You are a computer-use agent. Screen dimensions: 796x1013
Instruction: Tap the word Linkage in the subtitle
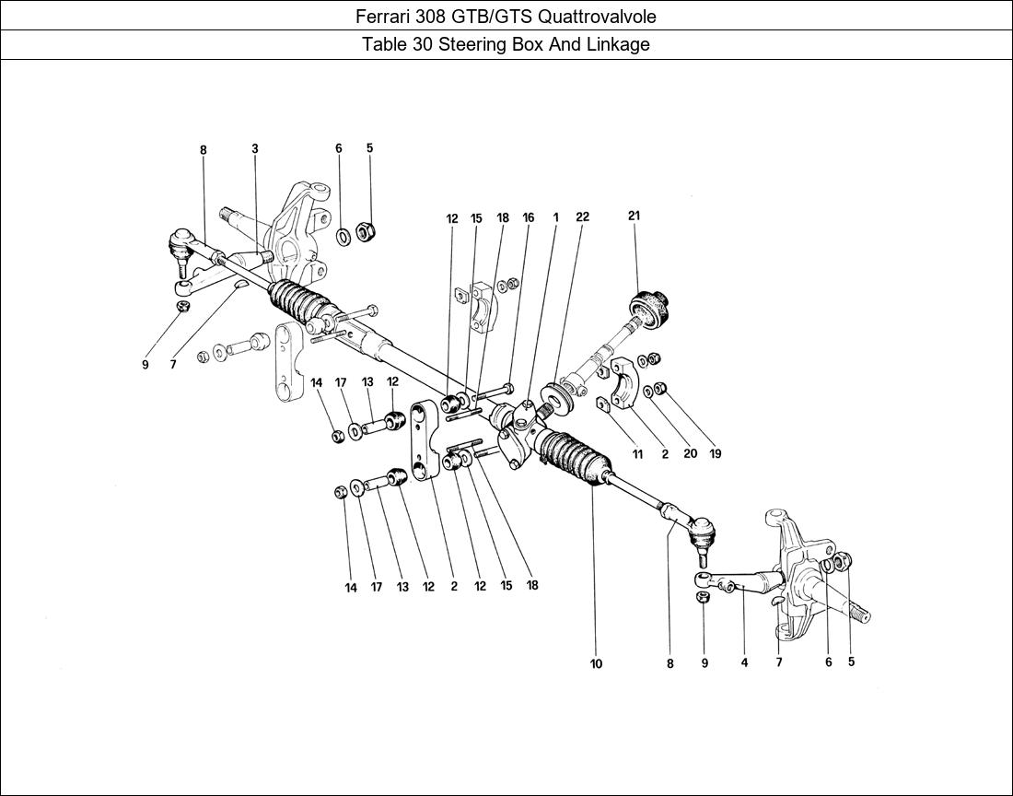pos(620,44)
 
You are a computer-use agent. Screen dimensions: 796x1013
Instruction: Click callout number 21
pos(634,216)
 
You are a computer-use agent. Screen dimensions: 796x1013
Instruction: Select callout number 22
pos(582,217)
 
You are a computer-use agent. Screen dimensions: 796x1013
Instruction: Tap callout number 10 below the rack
pos(596,663)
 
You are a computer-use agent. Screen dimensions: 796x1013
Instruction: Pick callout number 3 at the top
pos(254,149)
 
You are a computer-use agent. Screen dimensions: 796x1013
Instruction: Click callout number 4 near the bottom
pos(744,661)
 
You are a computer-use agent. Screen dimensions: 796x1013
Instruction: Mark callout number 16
pos(528,218)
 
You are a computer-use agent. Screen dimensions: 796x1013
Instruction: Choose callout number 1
pos(556,217)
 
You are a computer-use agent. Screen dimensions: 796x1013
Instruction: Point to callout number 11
pos(637,453)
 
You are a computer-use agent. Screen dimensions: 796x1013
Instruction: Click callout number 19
pos(715,453)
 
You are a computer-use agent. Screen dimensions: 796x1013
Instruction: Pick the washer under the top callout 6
pos(342,237)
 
